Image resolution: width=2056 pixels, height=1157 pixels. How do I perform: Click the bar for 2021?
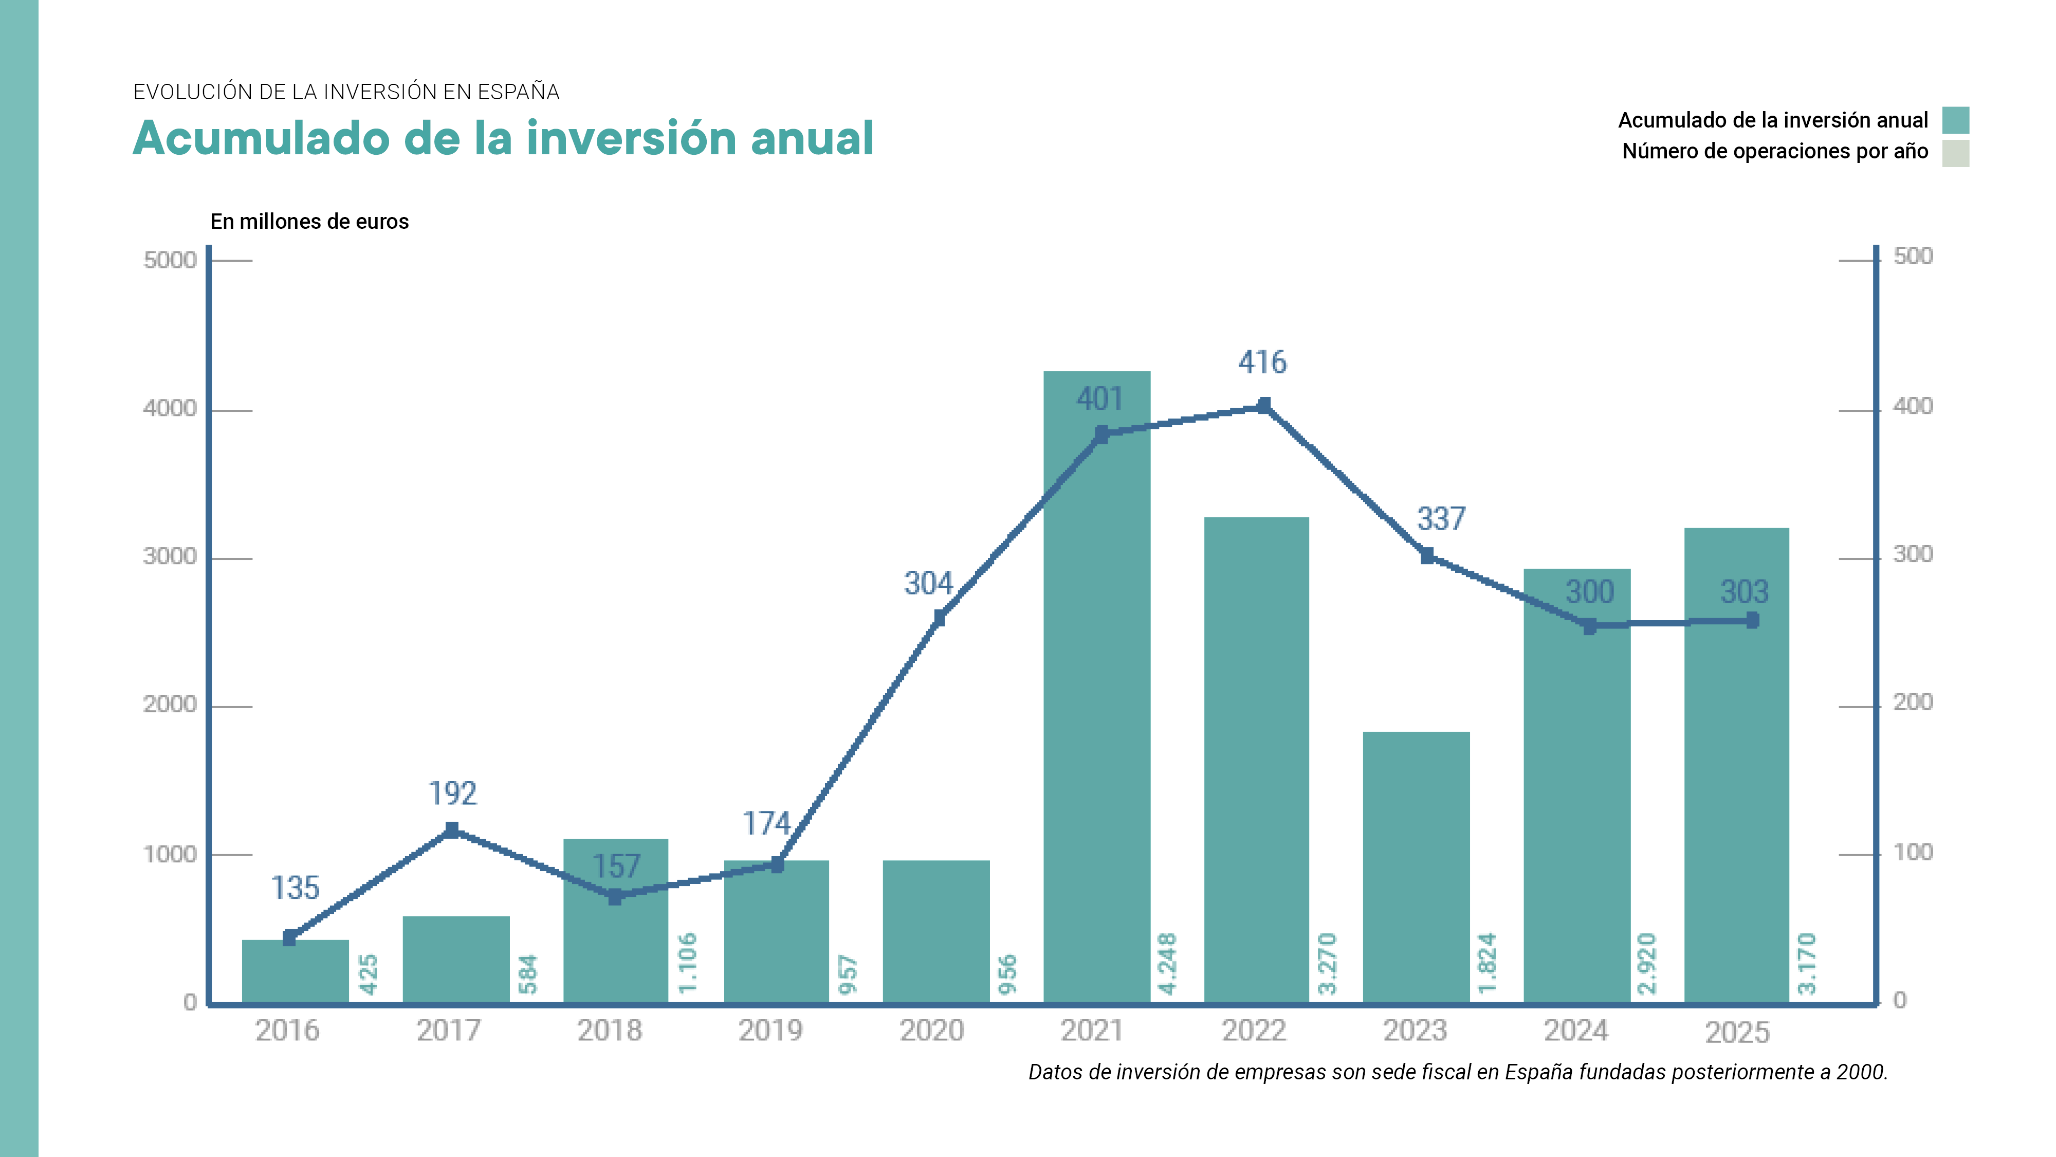[x=1097, y=686]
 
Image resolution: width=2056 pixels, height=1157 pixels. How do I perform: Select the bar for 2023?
[x=1416, y=866]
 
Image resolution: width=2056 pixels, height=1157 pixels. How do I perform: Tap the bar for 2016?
[x=296, y=971]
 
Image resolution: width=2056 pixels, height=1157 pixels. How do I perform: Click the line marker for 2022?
[x=1263, y=406]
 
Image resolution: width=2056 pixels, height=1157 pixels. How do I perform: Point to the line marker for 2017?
[x=452, y=830]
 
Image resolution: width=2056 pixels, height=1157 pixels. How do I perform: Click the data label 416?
[x=1262, y=363]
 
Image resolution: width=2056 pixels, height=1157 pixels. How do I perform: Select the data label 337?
[x=1441, y=519]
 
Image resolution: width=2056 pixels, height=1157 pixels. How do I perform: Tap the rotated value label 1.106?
[x=687, y=964]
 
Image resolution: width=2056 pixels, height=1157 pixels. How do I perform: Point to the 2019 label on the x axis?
[x=769, y=1031]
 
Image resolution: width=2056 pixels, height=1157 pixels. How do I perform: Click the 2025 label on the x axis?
[x=1737, y=1033]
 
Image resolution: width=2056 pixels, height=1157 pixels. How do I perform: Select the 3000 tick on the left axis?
[x=169, y=556]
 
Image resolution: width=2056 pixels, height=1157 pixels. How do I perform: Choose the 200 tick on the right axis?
[x=1912, y=702]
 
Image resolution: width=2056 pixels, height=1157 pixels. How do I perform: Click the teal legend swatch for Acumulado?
[x=1955, y=120]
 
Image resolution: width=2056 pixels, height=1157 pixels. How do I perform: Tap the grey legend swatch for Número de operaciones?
[x=1955, y=153]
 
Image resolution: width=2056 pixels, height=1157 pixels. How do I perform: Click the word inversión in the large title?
[x=631, y=138]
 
